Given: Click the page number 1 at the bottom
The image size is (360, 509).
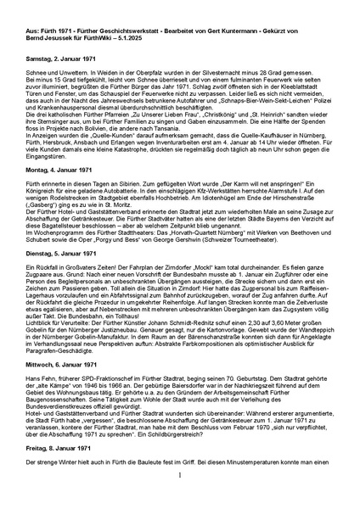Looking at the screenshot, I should point(180,497).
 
